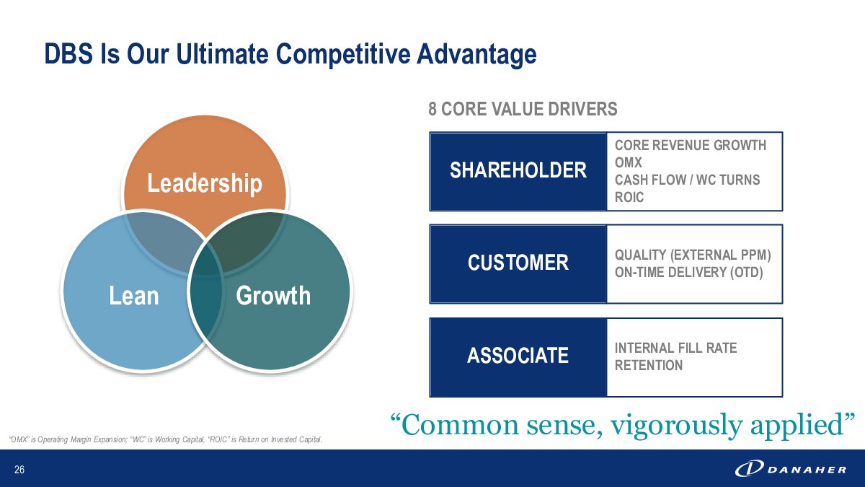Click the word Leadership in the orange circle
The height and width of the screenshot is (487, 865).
205,183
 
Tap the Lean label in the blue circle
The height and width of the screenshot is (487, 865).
134,296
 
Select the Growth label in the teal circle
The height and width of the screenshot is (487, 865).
273,296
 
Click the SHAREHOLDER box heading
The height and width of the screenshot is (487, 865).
518,170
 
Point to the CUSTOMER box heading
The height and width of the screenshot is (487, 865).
518,263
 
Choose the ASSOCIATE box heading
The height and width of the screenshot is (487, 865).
518,356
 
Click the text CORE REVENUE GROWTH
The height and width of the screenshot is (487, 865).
691,145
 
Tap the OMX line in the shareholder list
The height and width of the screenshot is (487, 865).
629,162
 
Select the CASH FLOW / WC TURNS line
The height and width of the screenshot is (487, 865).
688,180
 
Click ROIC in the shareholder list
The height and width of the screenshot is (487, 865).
629,197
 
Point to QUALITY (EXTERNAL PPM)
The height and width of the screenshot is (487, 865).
693,255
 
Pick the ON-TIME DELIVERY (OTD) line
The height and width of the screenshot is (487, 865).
689,273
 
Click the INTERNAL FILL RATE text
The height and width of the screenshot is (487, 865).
676,348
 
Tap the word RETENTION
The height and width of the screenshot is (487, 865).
649,365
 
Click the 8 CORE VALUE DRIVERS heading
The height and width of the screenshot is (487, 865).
523,109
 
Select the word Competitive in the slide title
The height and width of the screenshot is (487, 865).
343,54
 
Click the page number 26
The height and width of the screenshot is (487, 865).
19,470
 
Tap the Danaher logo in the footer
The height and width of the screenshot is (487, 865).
791,469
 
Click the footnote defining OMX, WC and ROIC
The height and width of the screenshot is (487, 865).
165,439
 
